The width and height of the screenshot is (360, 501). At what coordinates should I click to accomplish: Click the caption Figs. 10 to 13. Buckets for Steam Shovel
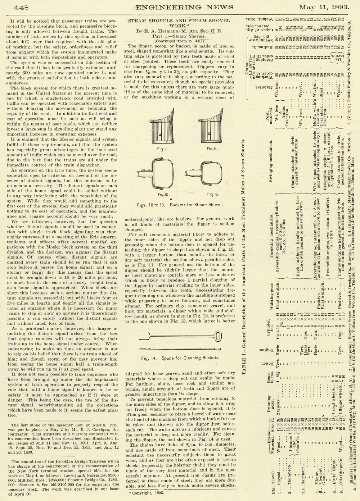180,205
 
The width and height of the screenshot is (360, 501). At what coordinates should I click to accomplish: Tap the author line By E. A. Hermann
179,31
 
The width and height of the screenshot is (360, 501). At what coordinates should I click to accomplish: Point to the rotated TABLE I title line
244,252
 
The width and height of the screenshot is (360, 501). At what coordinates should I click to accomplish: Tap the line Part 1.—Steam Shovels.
179,36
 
